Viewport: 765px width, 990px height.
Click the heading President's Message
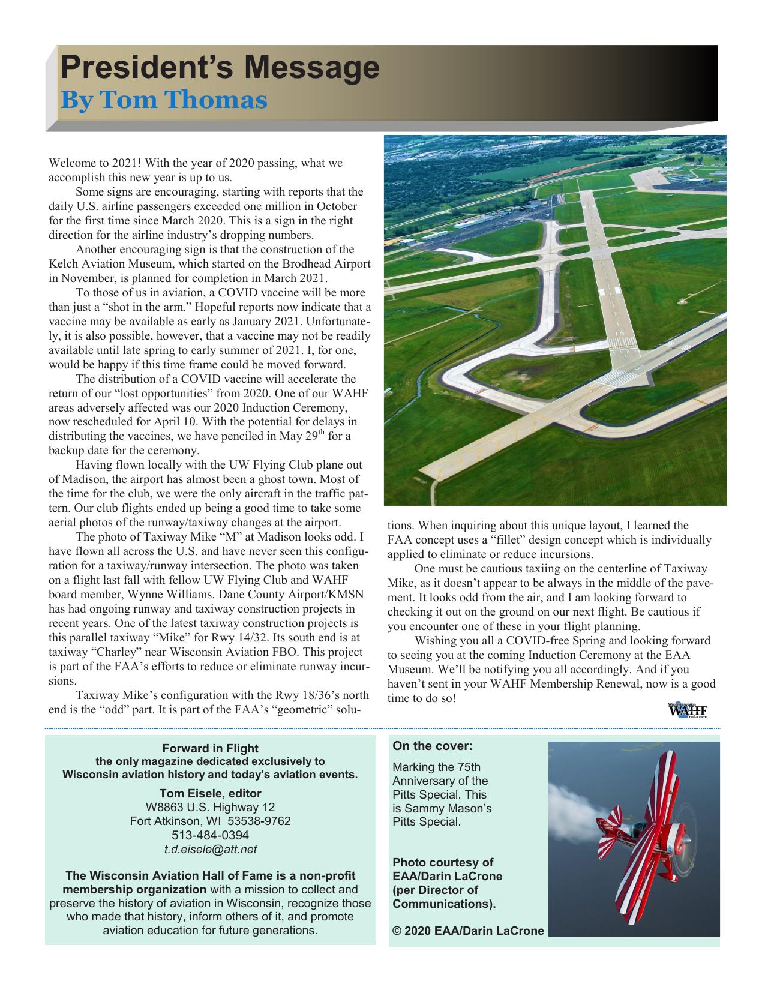pyautogui.click(x=220, y=68)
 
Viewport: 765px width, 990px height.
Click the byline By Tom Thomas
pyautogui.click(x=163, y=100)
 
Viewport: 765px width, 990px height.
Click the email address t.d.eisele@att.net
pyautogui.click(x=210, y=849)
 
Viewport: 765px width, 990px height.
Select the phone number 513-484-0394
pyautogui.click(x=210, y=835)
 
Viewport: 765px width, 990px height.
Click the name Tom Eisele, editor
pyautogui.click(x=210, y=793)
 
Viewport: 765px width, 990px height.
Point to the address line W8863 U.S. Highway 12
pyautogui.click(x=210, y=807)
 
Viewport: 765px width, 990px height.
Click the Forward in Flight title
pyautogui.click(x=210, y=748)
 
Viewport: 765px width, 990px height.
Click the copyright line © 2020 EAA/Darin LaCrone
pyautogui.click(x=468, y=931)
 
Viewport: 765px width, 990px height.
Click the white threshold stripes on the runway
pyautogui.click(x=622, y=343)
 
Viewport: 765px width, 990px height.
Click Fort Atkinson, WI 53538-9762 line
pyautogui.click(x=210, y=821)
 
